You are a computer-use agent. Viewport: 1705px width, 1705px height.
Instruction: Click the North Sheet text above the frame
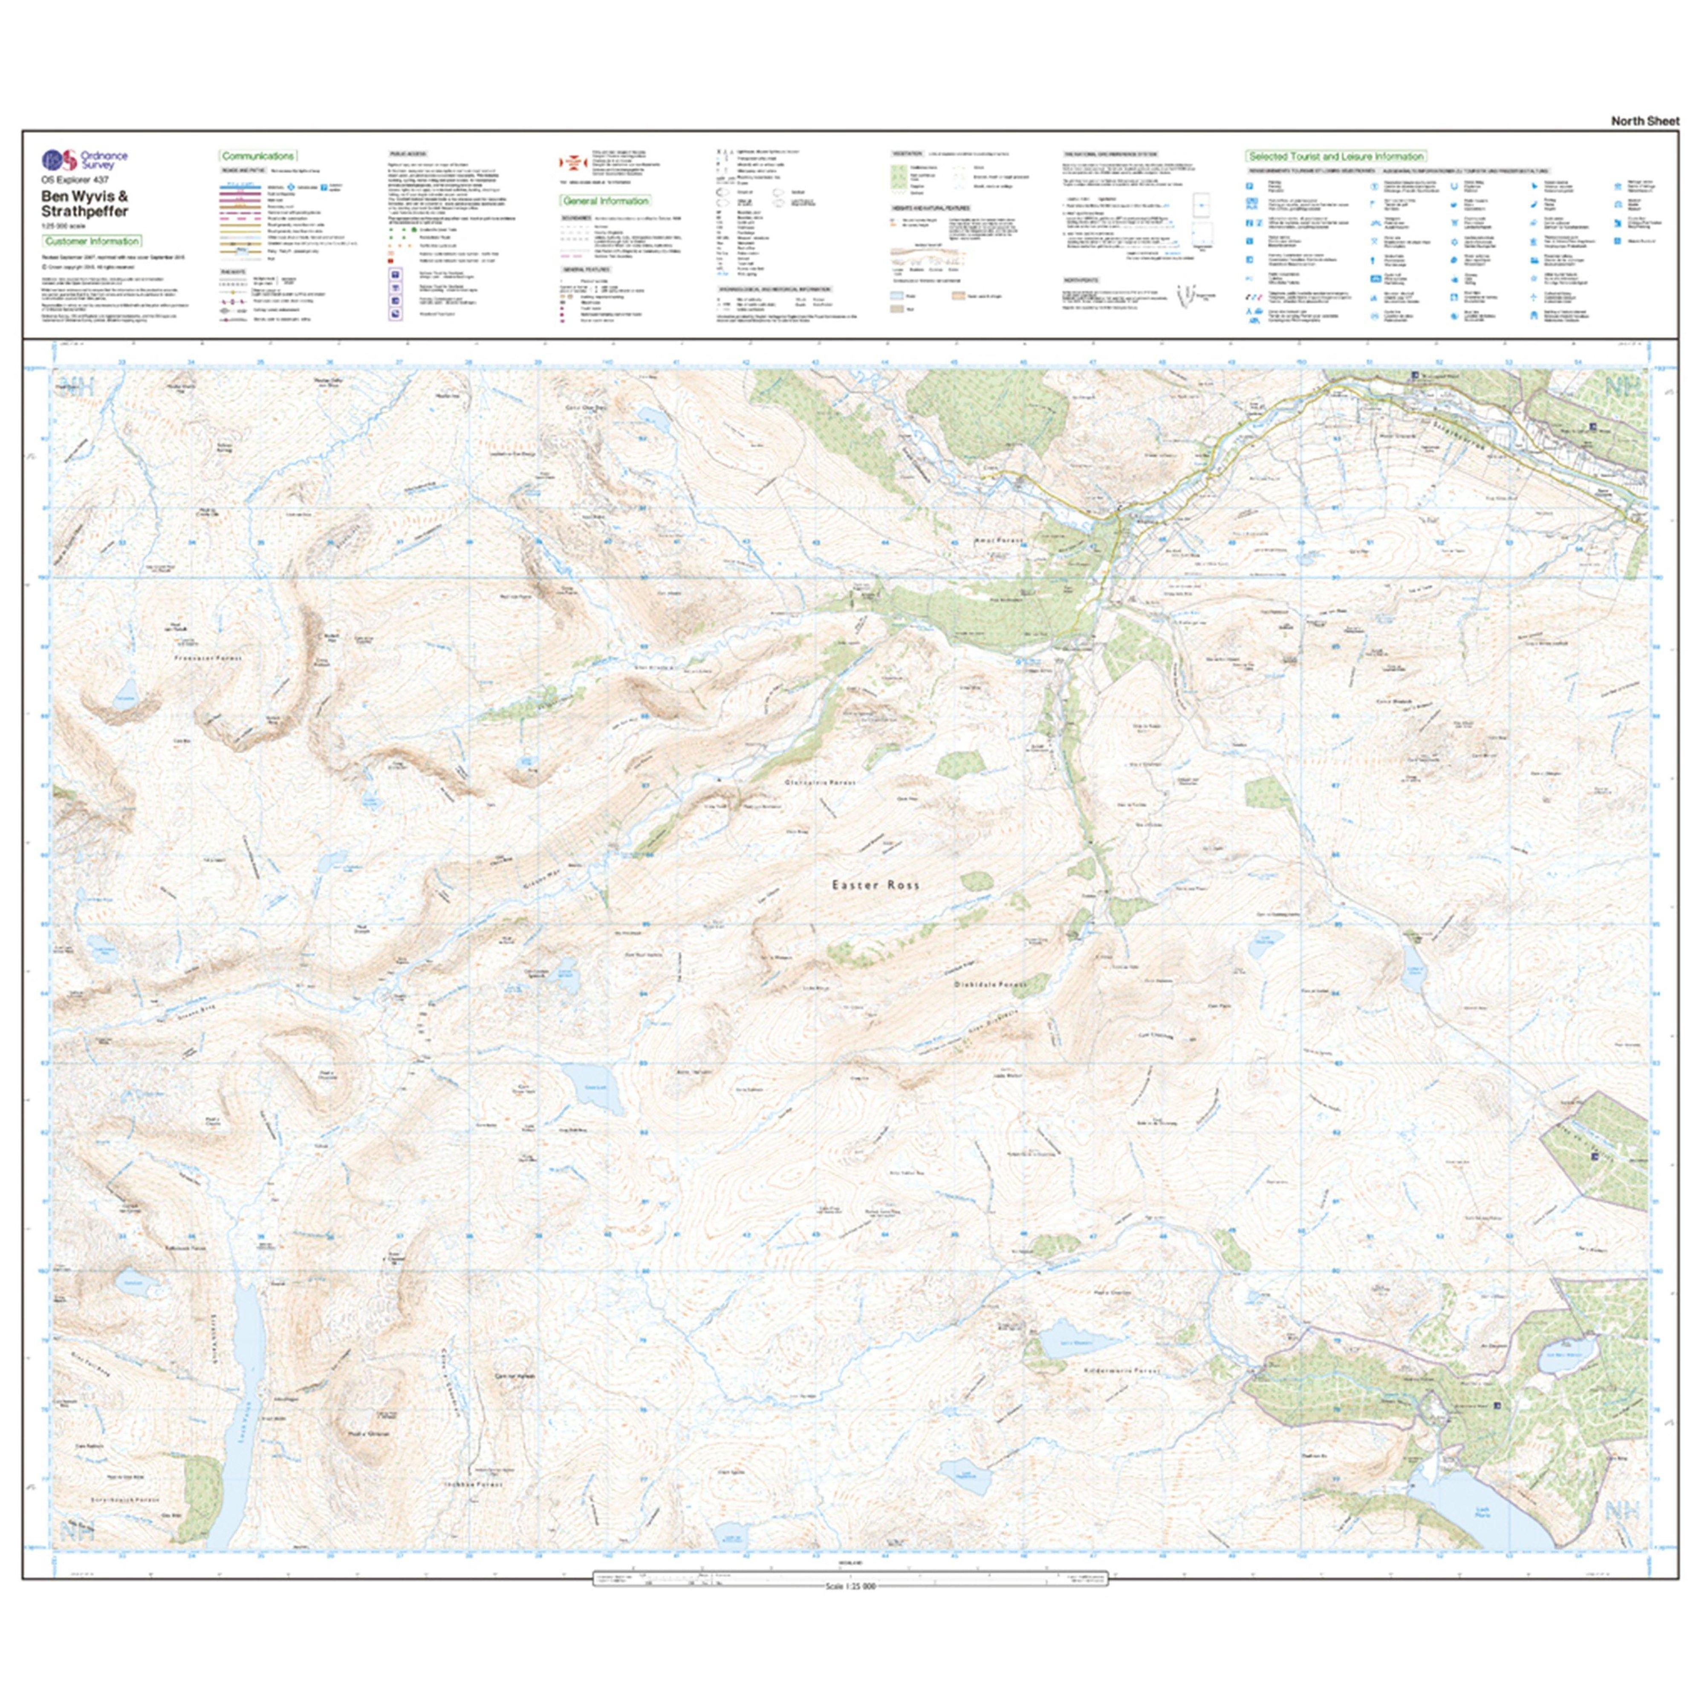coord(1645,121)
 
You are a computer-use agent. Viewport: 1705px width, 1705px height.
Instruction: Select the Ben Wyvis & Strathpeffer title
coord(85,204)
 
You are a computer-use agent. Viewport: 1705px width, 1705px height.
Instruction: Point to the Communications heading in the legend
coord(258,156)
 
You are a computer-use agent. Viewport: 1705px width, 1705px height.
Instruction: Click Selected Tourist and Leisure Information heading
coord(1335,156)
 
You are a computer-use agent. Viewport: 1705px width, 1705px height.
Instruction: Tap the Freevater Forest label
coord(208,659)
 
